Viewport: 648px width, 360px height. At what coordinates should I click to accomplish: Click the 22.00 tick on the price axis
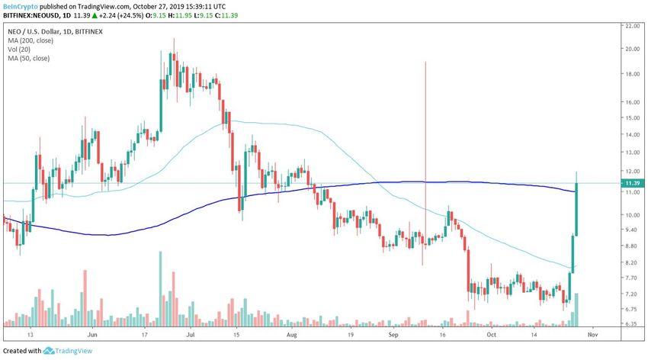[x=632, y=25]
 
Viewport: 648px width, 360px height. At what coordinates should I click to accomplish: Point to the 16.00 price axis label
[x=632, y=101]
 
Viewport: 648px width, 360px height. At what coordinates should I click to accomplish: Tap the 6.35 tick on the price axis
[x=632, y=323]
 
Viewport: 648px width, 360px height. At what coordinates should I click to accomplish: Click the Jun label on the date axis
[x=92, y=334]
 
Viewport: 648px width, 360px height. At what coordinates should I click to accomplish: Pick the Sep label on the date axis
[x=394, y=334]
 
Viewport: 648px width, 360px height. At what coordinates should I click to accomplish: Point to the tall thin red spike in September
[x=424, y=153]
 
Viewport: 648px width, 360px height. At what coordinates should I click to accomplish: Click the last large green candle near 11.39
[x=577, y=209]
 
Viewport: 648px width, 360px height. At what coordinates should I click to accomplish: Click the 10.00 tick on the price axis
[x=632, y=214]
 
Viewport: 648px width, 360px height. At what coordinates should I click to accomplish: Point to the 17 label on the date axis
[x=145, y=334]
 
